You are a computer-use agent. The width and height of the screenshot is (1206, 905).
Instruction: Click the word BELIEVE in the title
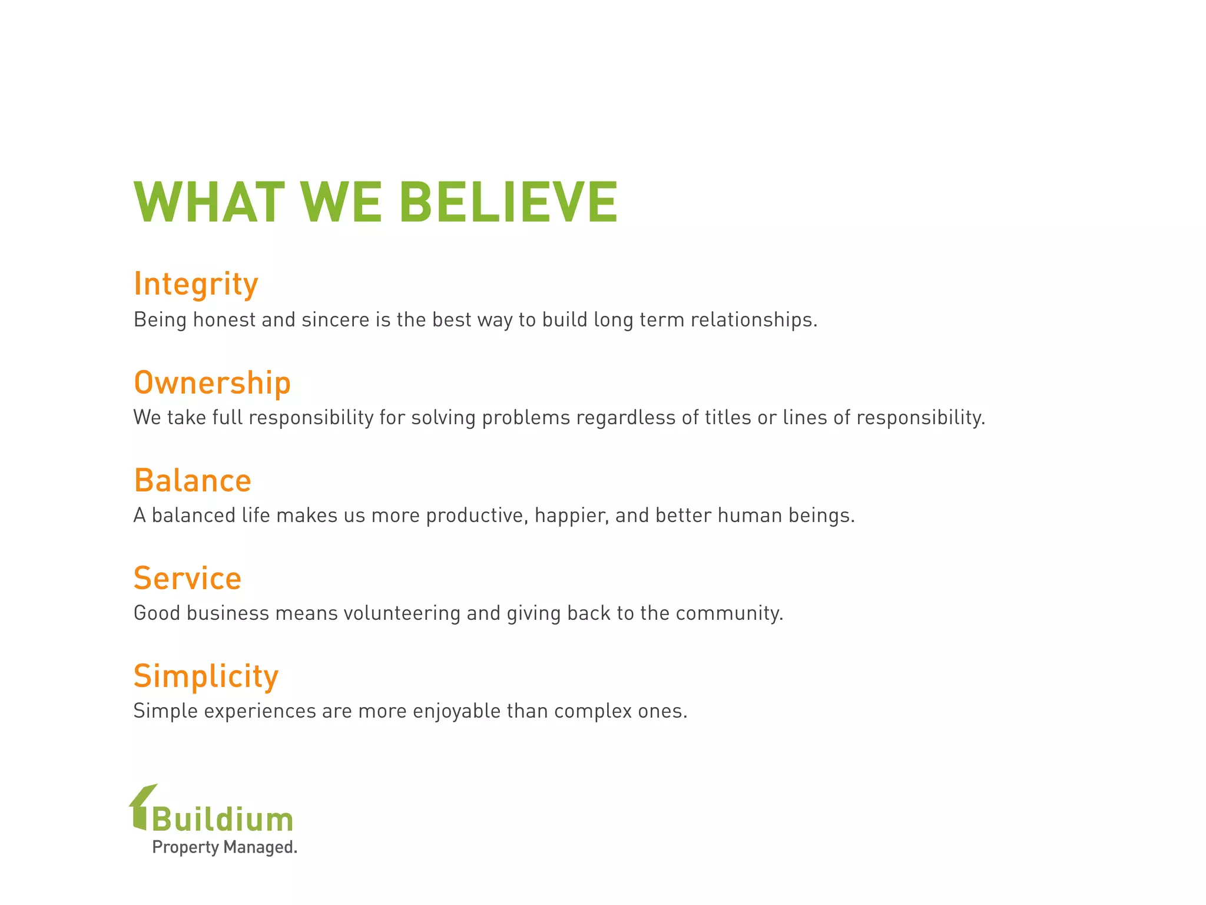tap(508, 202)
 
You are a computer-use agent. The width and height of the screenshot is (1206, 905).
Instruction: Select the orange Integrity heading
tap(196, 284)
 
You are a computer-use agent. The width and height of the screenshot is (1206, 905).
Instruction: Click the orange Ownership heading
tap(212, 382)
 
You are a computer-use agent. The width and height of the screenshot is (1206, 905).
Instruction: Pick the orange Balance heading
tap(193, 480)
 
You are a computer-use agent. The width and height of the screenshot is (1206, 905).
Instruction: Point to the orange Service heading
tap(187, 578)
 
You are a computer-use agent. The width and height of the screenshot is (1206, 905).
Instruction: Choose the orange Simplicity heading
tap(206, 676)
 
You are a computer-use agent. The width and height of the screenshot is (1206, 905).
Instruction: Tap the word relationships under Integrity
tap(753, 319)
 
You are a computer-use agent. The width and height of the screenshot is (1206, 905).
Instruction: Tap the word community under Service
tap(728, 613)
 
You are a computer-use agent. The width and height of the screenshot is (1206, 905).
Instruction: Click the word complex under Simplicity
tap(593, 711)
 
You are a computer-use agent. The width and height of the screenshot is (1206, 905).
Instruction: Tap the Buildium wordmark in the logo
tap(223, 820)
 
